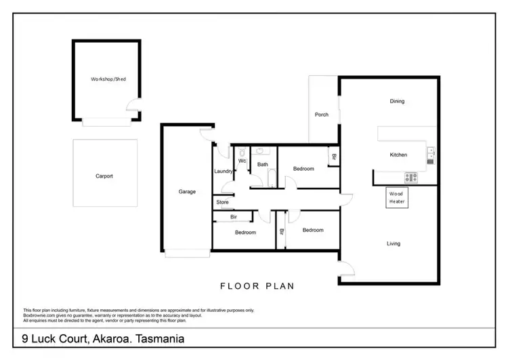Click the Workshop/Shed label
click(x=108, y=79)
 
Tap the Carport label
click(x=104, y=176)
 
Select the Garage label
click(x=187, y=192)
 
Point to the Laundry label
click(x=224, y=172)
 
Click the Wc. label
click(x=242, y=161)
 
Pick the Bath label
click(x=262, y=165)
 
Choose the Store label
click(x=222, y=202)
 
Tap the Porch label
click(x=322, y=115)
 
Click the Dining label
click(x=397, y=102)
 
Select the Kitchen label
click(x=398, y=155)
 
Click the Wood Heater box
click(x=396, y=197)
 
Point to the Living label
click(x=394, y=243)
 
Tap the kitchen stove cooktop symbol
click(x=411, y=178)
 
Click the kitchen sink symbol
click(x=431, y=155)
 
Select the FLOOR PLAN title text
click(x=257, y=286)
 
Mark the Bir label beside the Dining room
click(x=333, y=158)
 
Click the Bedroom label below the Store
click(x=245, y=233)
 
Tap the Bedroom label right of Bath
click(x=303, y=169)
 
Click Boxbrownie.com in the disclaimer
click(x=40, y=314)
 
